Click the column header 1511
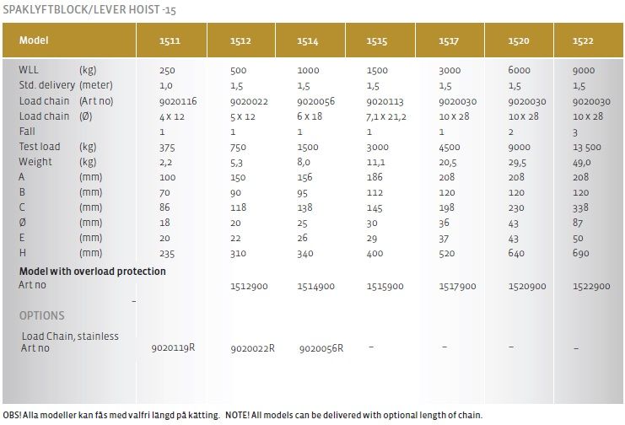coord(170,40)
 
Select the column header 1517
coord(449,40)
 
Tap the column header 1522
coord(583,40)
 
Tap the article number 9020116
coord(177,101)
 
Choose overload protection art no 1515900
coord(387,287)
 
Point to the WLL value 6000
coord(520,71)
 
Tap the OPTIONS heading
coord(41,316)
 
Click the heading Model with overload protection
coord(93,272)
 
